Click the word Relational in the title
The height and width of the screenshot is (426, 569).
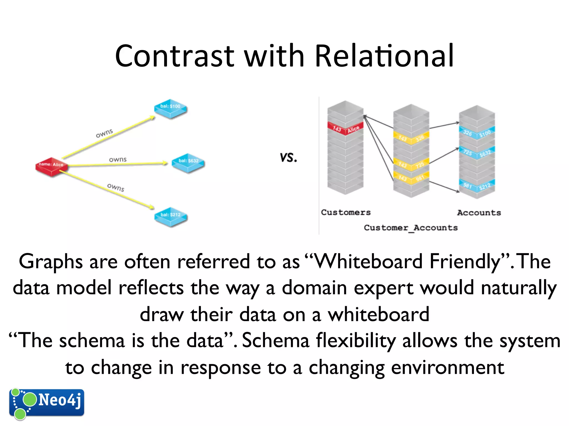point(384,56)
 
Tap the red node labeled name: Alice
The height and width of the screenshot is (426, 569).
point(51,166)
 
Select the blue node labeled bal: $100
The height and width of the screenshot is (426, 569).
point(170,108)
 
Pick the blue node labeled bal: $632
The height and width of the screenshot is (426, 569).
point(188,162)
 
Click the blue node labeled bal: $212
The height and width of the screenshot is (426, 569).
point(171,216)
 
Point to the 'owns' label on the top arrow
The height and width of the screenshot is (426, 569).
point(104,133)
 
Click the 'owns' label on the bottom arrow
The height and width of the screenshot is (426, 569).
point(116,187)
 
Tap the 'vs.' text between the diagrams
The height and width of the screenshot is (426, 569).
point(288,158)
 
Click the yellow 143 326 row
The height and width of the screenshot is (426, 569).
point(411,138)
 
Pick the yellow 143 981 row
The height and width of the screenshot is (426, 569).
point(411,177)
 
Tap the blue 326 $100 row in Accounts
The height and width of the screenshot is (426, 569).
point(477,133)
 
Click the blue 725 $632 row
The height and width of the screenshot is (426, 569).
point(477,153)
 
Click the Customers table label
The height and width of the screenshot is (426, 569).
point(346,212)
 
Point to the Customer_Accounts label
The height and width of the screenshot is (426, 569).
point(411,228)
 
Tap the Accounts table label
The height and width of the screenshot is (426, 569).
point(479,213)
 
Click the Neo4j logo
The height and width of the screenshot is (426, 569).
point(46,403)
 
